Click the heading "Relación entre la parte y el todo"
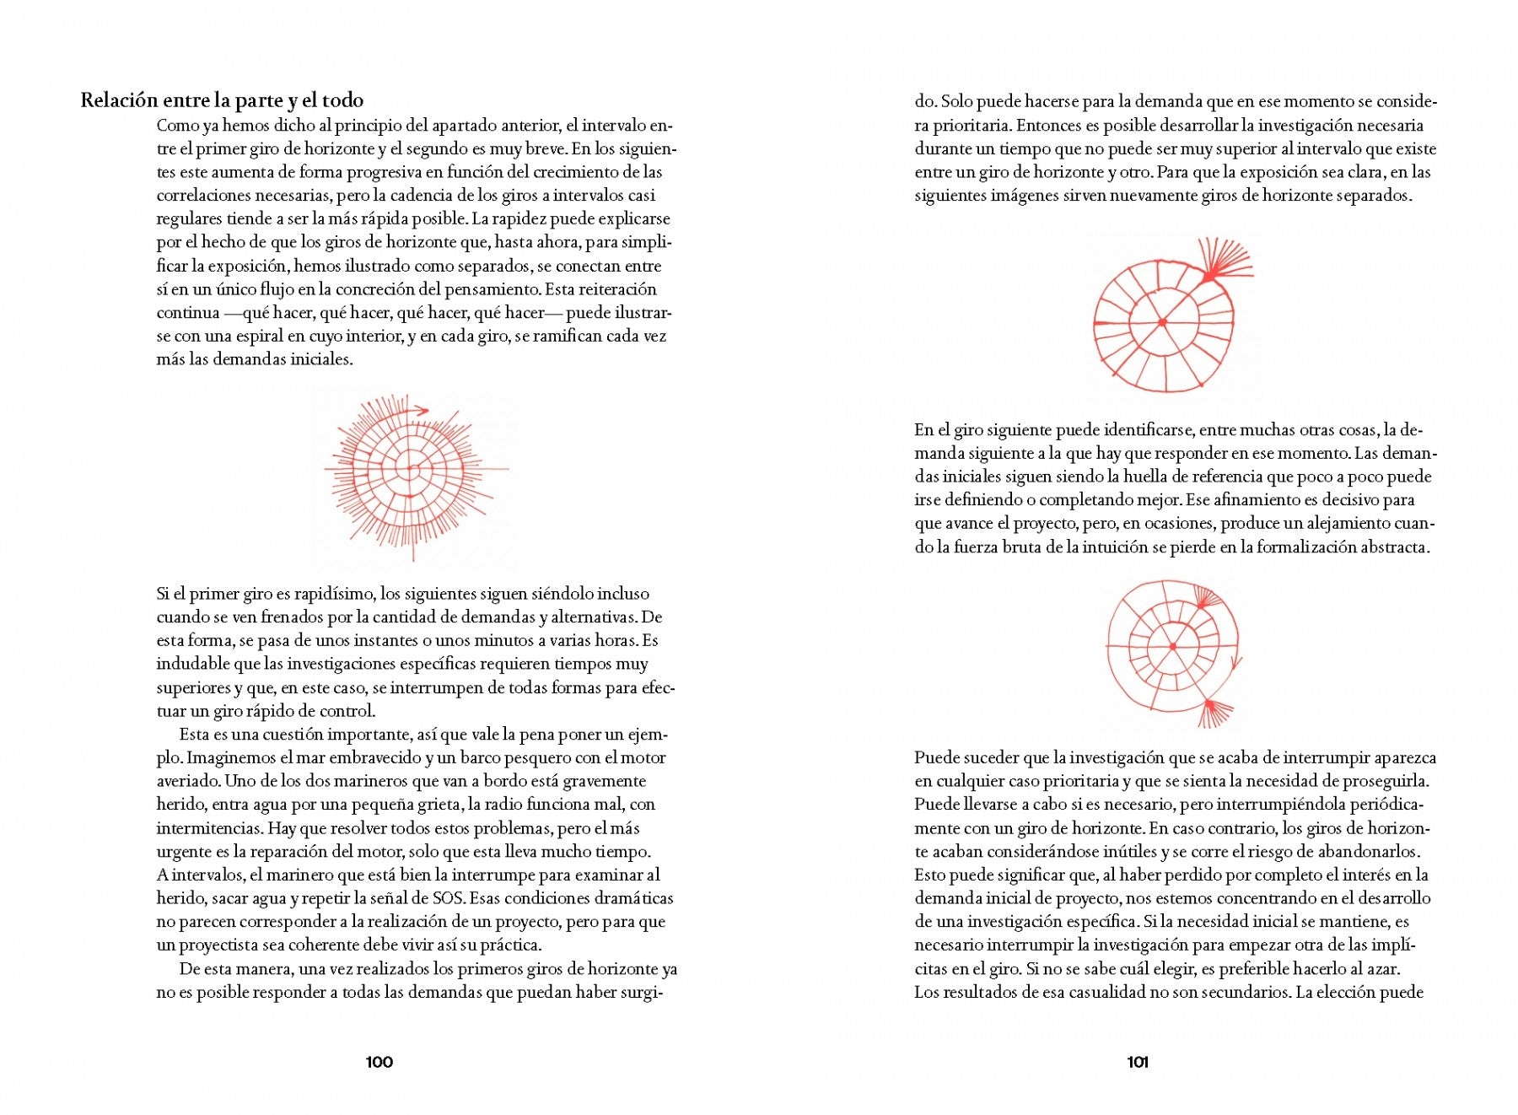click(x=222, y=100)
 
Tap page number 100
click(x=379, y=1062)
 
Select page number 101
click(x=1138, y=1062)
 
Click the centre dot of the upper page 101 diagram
click(x=1162, y=322)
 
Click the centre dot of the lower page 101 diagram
click(x=1173, y=647)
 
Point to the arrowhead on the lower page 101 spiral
click(x=1235, y=665)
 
